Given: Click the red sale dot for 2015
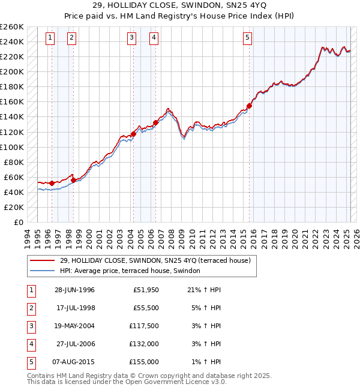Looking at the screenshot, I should tap(249, 106).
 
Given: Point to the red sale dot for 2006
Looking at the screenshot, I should tap(155, 122).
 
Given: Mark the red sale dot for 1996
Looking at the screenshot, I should tap(52, 183).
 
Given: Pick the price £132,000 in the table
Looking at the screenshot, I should tap(145, 344).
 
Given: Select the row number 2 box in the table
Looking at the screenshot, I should tap(31, 308).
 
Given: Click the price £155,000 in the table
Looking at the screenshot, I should tap(145, 362).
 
